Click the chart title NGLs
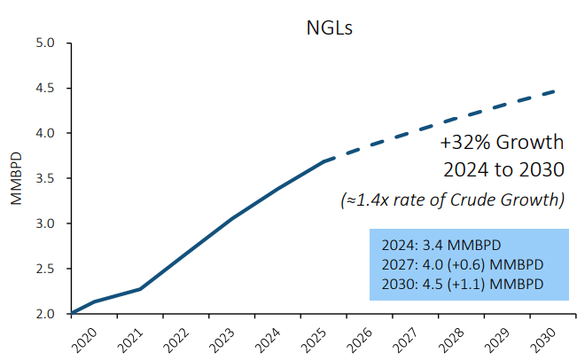point(324,27)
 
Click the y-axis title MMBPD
point(15,178)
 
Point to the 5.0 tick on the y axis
point(45,43)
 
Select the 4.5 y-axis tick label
point(45,88)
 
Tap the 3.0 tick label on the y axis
point(45,223)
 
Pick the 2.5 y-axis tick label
point(45,269)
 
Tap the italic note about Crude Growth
point(453,200)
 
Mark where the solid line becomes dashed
point(326,160)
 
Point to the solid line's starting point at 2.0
point(72,313)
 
